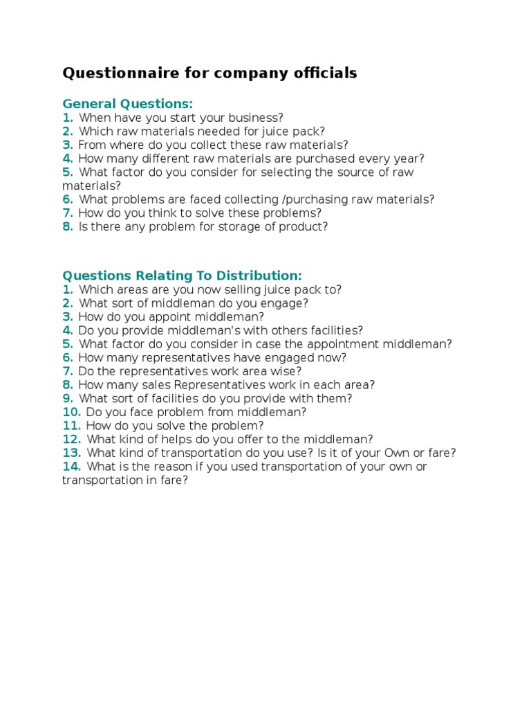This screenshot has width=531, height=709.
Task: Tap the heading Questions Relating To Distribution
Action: tap(182, 276)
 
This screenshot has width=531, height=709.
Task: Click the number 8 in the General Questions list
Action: tap(67, 227)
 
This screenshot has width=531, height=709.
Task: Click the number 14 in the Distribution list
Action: tap(71, 467)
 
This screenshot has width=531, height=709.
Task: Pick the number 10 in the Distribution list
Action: tap(71, 412)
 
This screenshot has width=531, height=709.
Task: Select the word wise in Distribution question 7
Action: tap(287, 371)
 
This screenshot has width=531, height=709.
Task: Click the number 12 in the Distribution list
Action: tap(71, 440)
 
